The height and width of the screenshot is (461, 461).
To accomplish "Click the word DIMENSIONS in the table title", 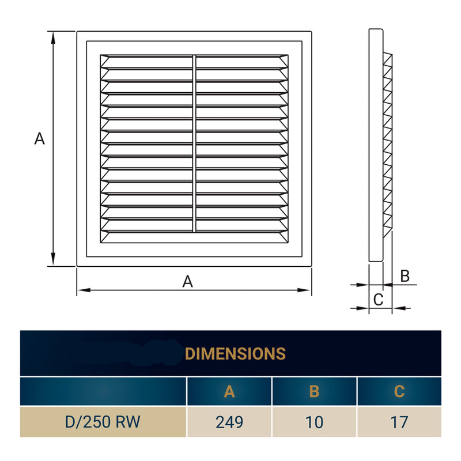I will [236, 353].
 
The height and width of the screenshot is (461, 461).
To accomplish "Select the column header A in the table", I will [229, 392].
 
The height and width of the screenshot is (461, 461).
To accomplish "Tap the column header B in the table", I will [314, 392].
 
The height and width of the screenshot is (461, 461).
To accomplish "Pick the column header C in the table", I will [399, 392].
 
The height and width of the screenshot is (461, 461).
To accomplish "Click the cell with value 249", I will [229, 422].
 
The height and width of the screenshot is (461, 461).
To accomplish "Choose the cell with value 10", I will [314, 422].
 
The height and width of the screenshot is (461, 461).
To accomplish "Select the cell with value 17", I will [399, 422].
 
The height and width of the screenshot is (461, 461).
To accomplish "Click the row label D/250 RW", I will [104, 422].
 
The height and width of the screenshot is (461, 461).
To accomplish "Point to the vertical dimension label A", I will [39, 139].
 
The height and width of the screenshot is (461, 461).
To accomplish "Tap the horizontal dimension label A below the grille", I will [187, 281].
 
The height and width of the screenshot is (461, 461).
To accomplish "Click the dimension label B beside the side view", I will [405, 276].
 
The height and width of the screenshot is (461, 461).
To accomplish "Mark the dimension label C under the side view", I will [378, 299].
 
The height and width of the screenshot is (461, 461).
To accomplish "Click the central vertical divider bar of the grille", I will [194, 144].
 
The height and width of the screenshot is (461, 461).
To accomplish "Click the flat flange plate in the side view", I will [375, 144].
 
